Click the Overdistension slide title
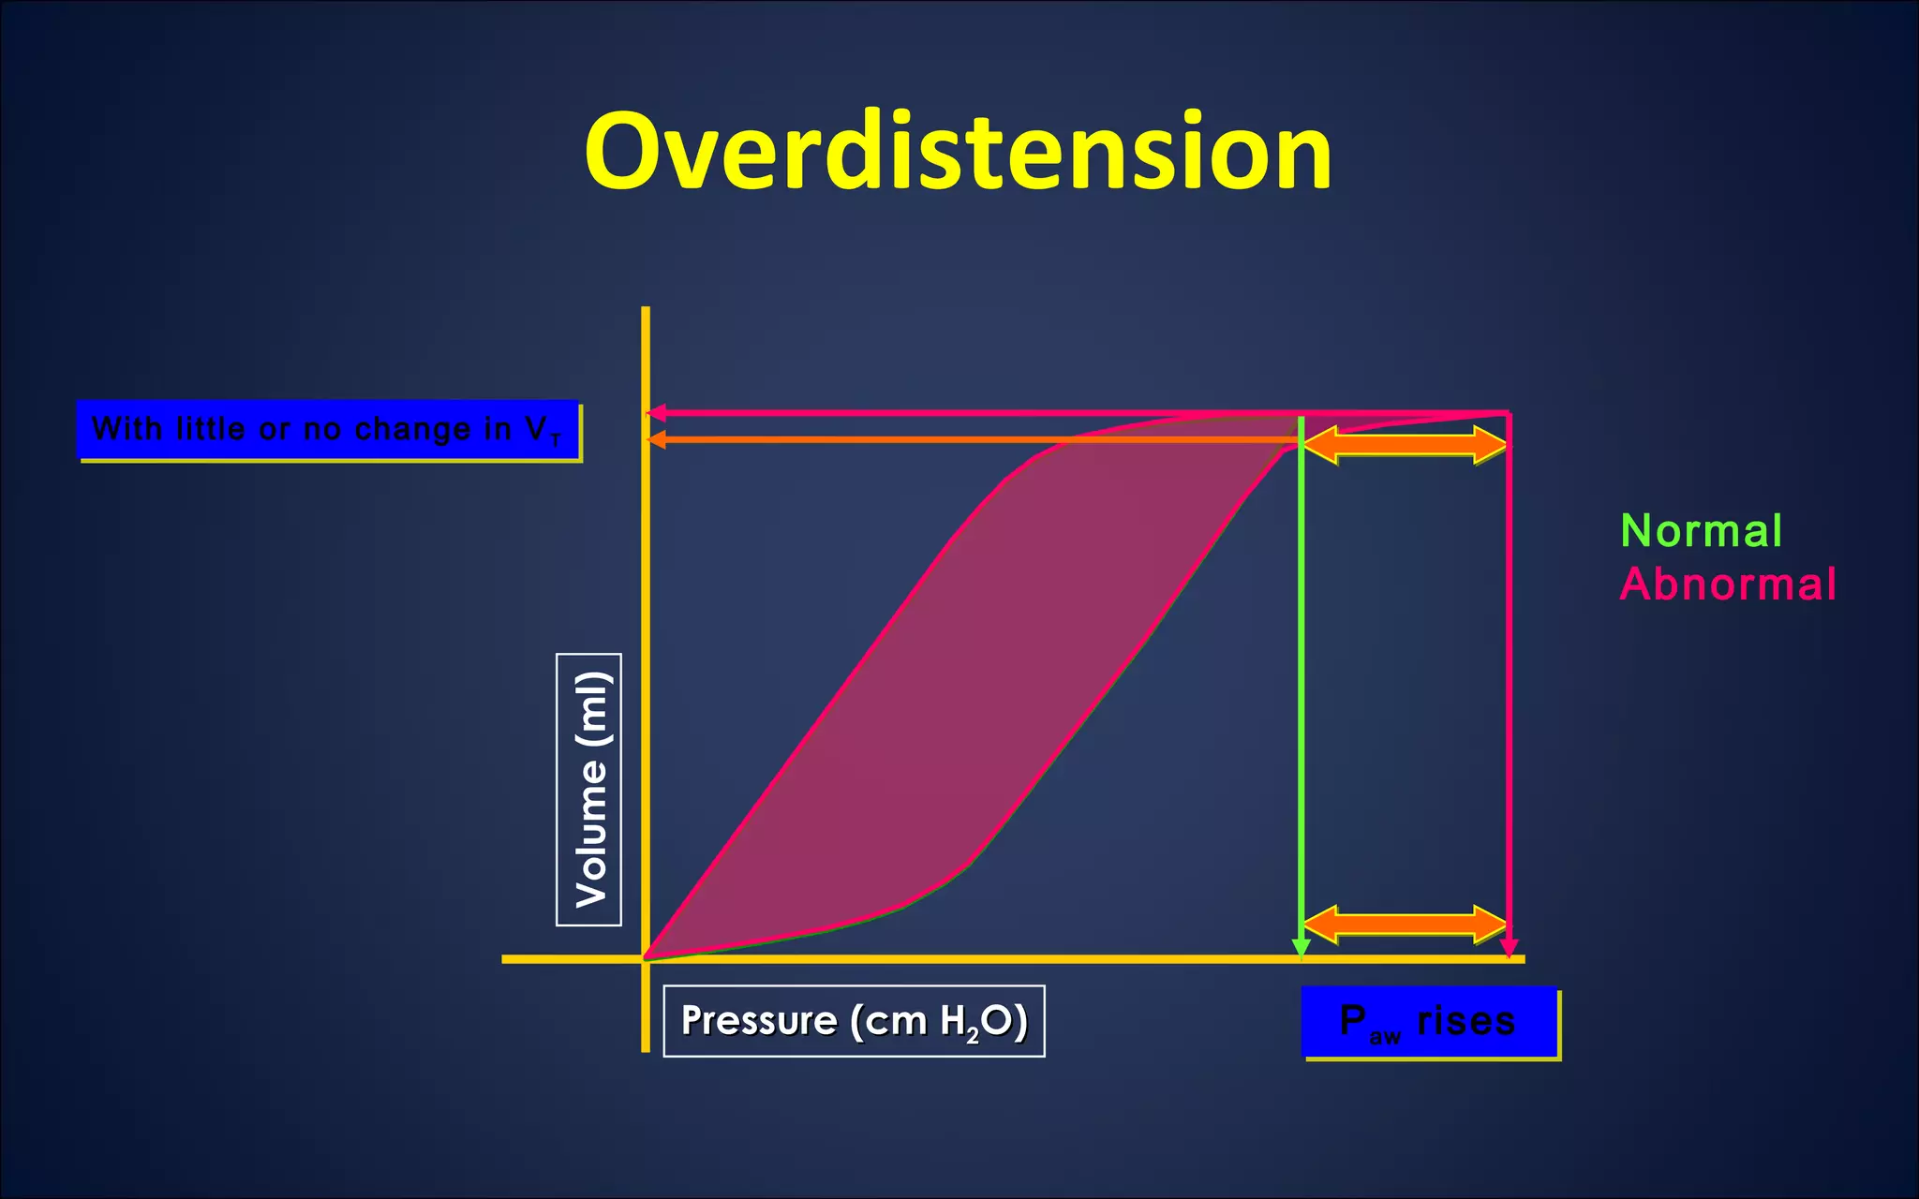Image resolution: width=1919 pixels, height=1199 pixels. pos(958,152)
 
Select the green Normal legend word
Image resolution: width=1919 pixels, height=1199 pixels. pos(1701,531)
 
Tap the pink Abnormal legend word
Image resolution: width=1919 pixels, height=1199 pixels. pos(1727,585)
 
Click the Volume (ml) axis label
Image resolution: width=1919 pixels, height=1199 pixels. pos(589,790)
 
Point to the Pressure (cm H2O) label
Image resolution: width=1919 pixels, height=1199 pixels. pos(854,1021)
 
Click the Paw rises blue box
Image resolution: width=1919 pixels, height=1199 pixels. pos(1428,1022)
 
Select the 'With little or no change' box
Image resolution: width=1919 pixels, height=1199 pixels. pos(327,430)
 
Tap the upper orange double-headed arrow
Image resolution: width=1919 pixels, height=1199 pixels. pos(1405,444)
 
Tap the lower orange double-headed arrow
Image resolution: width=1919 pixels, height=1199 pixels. pos(1405,925)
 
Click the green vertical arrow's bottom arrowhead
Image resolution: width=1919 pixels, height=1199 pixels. pos(1301,949)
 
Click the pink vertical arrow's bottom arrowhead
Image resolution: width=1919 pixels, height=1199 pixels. pos(1509,949)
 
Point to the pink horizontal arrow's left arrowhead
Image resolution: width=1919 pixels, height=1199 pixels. pos(656,413)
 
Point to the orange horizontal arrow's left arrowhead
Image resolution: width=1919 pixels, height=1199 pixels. pos(656,439)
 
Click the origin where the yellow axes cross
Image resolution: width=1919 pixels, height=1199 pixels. pos(646,958)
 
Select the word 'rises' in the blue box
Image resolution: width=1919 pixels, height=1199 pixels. pos(1465,1020)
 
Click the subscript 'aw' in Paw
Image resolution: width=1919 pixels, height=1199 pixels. pos(1384,1036)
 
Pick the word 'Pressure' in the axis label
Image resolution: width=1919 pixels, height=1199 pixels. pos(758,1020)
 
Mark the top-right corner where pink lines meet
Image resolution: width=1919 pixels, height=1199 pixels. pos(1509,413)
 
